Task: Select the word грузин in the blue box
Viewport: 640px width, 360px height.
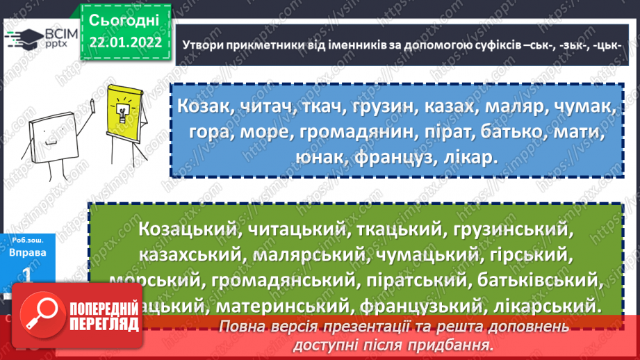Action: point(388,107)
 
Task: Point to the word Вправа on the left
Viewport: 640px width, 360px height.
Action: point(28,253)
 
